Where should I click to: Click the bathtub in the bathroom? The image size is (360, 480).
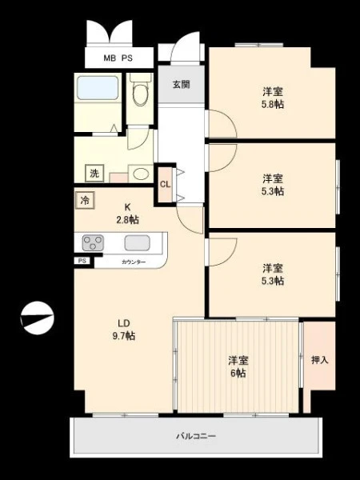coord(98,88)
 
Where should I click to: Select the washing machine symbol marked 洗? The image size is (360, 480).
coord(94,173)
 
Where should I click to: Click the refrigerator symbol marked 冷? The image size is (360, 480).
coord(85,201)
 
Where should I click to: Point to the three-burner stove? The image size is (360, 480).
coord(93,242)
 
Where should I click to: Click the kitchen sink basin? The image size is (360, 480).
coord(137,243)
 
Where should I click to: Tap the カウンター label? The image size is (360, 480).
coord(134,262)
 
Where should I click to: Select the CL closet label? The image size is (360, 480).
coord(166,184)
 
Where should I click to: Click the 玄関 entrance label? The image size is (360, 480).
coord(182,84)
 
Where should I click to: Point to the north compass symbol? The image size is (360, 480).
coord(38,318)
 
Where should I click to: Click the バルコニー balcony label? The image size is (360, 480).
coord(196,436)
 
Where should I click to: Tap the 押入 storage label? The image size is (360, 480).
coord(319,360)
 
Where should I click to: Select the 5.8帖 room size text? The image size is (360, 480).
coord(273,104)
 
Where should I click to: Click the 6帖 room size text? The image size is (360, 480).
coord(238,373)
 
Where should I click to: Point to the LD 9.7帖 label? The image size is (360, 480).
coord(124,330)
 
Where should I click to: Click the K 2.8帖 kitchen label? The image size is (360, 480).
coord(127,214)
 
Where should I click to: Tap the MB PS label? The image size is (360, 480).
coord(118,58)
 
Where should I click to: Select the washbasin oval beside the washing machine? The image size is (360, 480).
coord(141,174)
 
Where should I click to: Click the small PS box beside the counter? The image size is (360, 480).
coord(82,261)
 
